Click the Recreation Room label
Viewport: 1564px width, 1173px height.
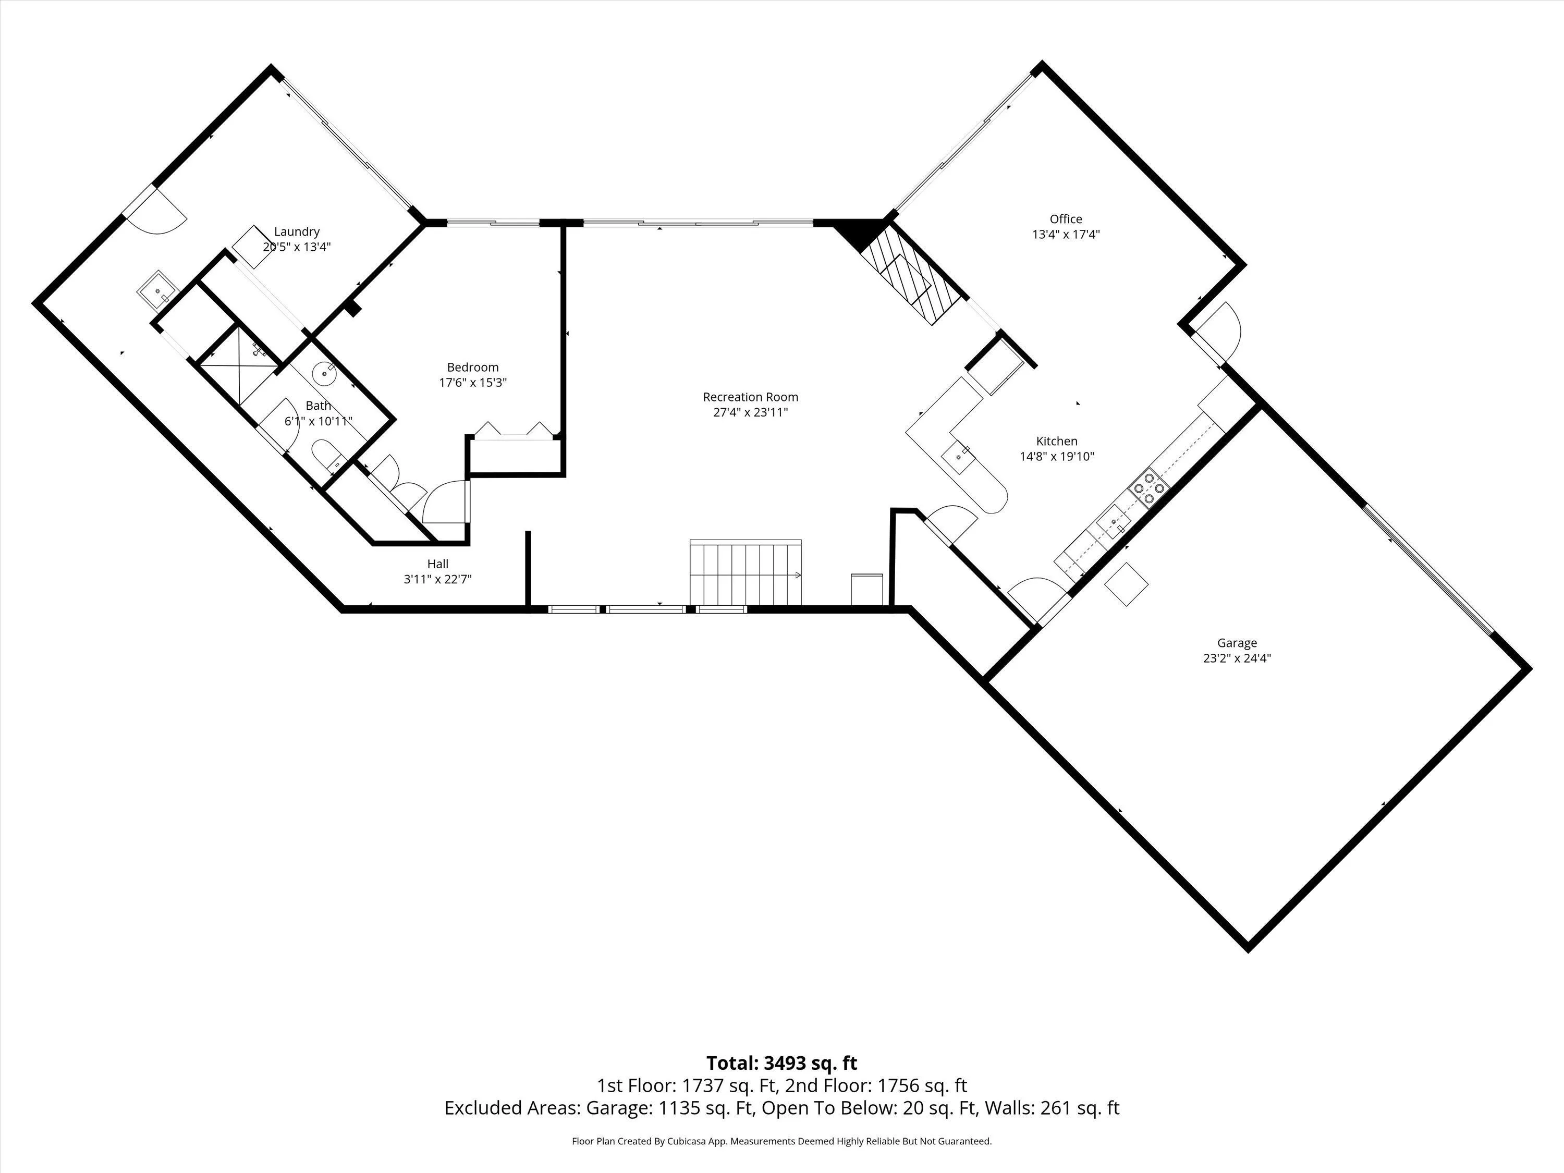750,397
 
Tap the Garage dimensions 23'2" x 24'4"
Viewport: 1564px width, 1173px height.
1237,657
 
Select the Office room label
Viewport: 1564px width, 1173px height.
1066,219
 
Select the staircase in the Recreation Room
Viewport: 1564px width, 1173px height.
746,573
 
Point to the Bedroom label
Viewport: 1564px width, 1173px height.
472,368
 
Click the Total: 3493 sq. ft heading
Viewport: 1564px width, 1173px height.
781,1064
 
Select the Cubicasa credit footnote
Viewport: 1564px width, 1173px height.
781,1141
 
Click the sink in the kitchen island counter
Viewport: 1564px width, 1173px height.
959,457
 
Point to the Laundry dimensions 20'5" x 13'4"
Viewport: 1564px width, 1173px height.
297,247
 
